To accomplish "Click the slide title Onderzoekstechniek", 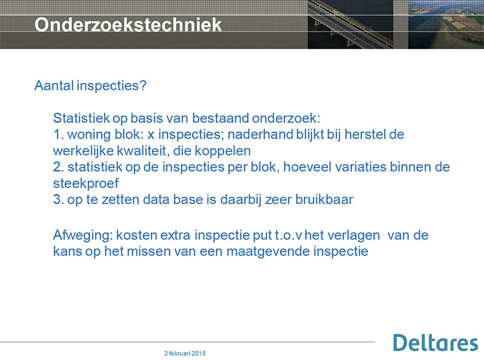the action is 128,24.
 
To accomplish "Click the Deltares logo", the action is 436,342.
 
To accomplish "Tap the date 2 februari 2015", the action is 185,353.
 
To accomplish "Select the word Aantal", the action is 54,85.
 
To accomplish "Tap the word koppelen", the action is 223,151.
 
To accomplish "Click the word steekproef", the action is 86,183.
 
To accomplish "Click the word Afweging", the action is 83,235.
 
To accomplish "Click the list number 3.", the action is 58,200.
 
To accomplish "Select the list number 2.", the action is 58,167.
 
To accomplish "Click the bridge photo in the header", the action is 350,24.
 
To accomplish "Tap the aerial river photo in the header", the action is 446,24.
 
